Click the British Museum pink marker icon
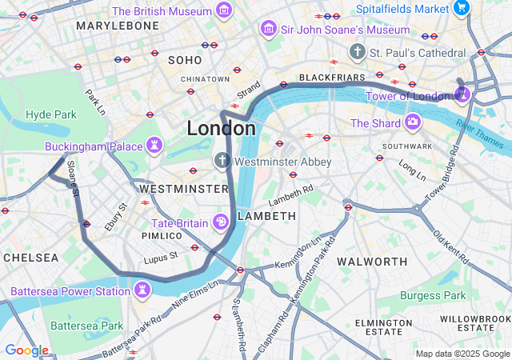(x=225, y=11)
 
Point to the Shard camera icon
(x=413, y=122)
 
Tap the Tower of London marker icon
(x=462, y=95)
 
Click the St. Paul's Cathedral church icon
(x=357, y=52)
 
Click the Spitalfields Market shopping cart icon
(x=462, y=8)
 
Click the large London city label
(x=222, y=128)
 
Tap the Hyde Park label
(x=51, y=114)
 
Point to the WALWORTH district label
(x=373, y=262)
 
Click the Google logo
(x=26, y=350)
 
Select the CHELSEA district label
(x=30, y=258)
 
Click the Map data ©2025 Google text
(x=462, y=354)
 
